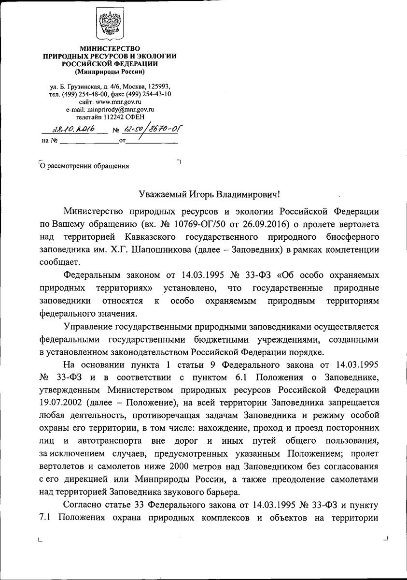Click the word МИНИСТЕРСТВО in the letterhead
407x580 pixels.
tap(110, 49)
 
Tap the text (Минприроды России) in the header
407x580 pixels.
tap(110, 72)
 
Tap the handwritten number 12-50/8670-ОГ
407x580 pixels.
tap(148, 129)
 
